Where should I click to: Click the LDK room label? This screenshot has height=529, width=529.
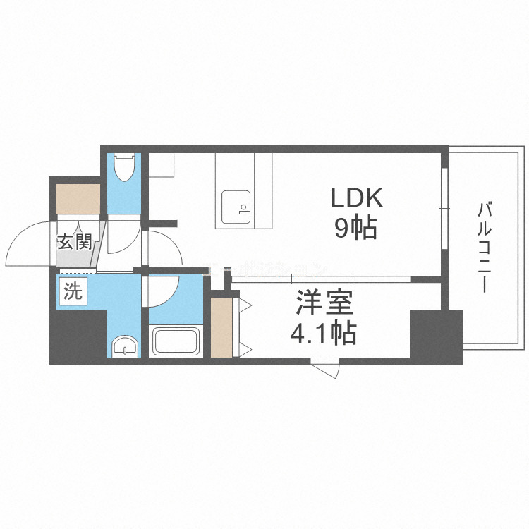[357, 198]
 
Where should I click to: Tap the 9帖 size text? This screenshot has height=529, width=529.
[355, 228]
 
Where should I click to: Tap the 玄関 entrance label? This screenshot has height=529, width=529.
[74, 243]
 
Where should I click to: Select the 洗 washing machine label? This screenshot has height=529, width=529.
[73, 291]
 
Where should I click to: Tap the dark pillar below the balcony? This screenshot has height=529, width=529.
[436, 335]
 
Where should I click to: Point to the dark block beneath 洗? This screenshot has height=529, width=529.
[78, 334]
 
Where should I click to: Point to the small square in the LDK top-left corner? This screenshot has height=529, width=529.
[162, 165]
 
